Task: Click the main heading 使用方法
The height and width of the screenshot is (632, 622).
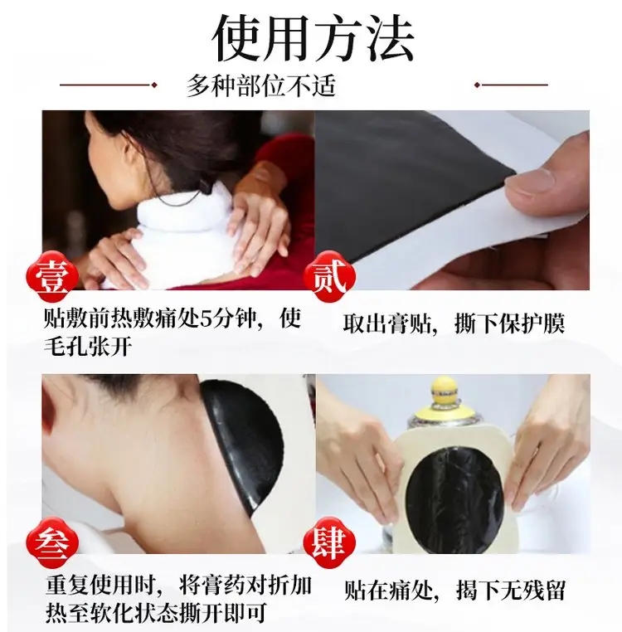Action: click(x=313, y=38)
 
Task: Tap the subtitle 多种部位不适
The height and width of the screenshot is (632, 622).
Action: click(x=260, y=85)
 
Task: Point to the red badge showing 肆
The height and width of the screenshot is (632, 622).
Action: click(x=330, y=542)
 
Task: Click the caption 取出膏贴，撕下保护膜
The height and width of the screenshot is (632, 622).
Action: click(x=454, y=323)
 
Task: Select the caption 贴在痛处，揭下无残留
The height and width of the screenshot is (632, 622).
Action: click(x=454, y=590)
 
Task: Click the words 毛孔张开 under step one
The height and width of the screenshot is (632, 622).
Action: click(x=88, y=345)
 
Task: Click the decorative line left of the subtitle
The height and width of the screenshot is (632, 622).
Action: click(x=108, y=85)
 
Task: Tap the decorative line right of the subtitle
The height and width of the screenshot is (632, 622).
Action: click(x=511, y=85)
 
